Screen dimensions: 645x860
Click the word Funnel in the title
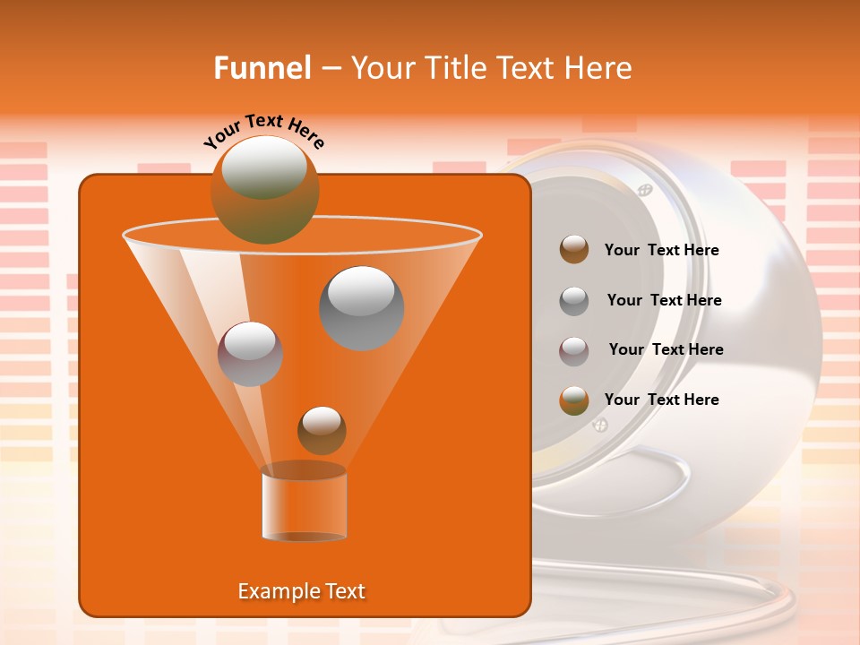(x=262, y=68)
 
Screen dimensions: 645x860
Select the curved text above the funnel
(x=264, y=131)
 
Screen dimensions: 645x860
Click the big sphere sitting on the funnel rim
(x=264, y=190)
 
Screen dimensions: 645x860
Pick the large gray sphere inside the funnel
(x=361, y=308)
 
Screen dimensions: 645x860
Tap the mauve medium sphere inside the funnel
(x=250, y=354)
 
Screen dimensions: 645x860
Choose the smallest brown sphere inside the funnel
(x=322, y=430)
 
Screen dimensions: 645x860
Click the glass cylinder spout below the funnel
(x=304, y=503)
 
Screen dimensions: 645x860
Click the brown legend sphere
(x=574, y=250)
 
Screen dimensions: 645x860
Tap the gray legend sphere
(x=574, y=300)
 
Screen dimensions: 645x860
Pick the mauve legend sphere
(x=574, y=350)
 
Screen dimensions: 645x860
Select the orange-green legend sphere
(x=574, y=400)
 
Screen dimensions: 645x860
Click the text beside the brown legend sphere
(x=661, y=251)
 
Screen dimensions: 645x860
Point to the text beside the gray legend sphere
(x=664, y=301)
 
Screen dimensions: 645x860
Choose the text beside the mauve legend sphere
(x=666, y=350)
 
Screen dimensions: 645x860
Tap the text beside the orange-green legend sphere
(x=661, y=400)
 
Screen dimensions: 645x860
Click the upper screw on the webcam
(x=644, y=190)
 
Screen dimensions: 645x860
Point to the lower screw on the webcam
(x=600, y=426)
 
